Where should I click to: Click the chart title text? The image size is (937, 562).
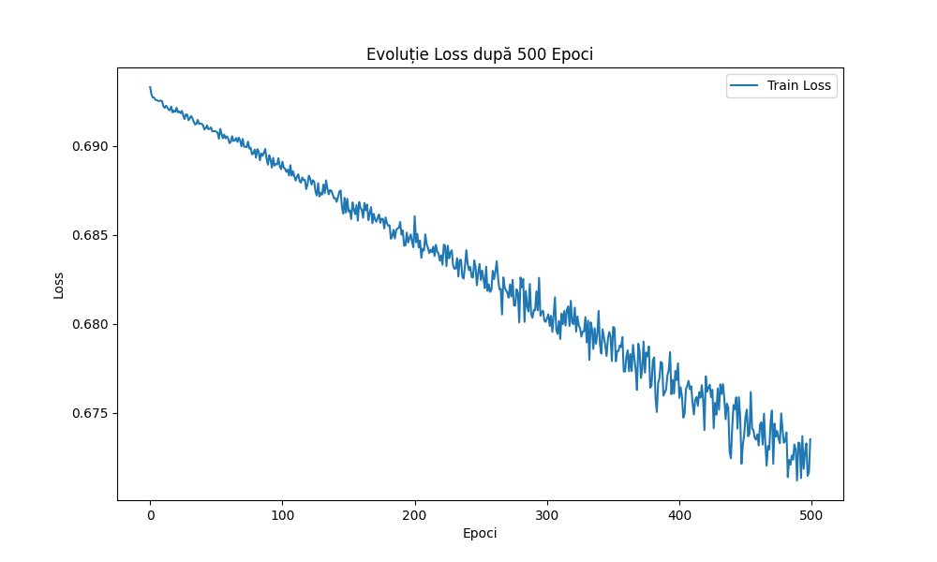click(479, 54)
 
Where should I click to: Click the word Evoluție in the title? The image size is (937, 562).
click(397, 54)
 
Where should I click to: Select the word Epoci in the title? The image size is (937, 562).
click(567, 54)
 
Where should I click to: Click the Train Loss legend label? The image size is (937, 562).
click(799, 86)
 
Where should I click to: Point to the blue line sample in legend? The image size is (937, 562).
click(746, 86)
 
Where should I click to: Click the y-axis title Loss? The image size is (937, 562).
click(59, 285)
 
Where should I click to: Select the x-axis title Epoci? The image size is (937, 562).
click(480, 533)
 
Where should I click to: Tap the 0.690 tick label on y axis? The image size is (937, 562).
click(90, 146)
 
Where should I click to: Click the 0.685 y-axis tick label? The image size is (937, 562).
click(90, 235)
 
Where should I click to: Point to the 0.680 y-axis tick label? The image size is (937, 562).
click(90, 324)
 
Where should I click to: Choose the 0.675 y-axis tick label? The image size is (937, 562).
click(90, 413)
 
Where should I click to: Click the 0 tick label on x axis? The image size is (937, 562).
click(150, 514)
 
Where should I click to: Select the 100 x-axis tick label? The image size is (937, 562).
click(282, 514)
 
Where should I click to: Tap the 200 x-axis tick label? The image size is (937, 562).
click(414, 514)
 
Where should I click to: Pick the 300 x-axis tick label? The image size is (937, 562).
click(546, 514)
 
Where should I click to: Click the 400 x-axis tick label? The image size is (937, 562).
click(678, 514)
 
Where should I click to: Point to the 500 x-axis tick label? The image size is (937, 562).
click(811, 514)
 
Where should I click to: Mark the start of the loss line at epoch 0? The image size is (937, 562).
click(150, 87)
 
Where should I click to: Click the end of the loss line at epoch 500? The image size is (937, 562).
click(810, 439)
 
